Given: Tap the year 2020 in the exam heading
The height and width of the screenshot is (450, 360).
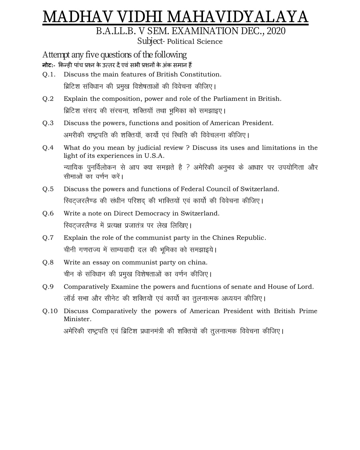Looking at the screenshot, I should [x=276, y=31].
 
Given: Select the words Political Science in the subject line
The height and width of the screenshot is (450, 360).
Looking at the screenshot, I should [x=195, y=42].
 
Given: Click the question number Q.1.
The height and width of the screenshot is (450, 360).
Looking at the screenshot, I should [x=49, y=74].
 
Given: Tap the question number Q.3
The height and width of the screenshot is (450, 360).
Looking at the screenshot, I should [x=48, y=123].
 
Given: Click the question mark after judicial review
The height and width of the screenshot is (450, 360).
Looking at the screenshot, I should [x=188, y=148].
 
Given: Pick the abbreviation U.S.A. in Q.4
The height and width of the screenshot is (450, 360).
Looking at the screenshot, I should [x=154, y=156].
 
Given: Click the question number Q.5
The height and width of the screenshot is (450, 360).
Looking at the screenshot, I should [x=48, y=189].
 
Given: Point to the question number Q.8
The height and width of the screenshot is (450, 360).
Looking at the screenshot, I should [x=48, y=262].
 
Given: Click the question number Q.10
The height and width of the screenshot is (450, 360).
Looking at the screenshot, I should [x=50, y=311].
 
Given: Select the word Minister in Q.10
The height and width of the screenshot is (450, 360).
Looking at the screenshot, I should [x=77, y=319].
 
